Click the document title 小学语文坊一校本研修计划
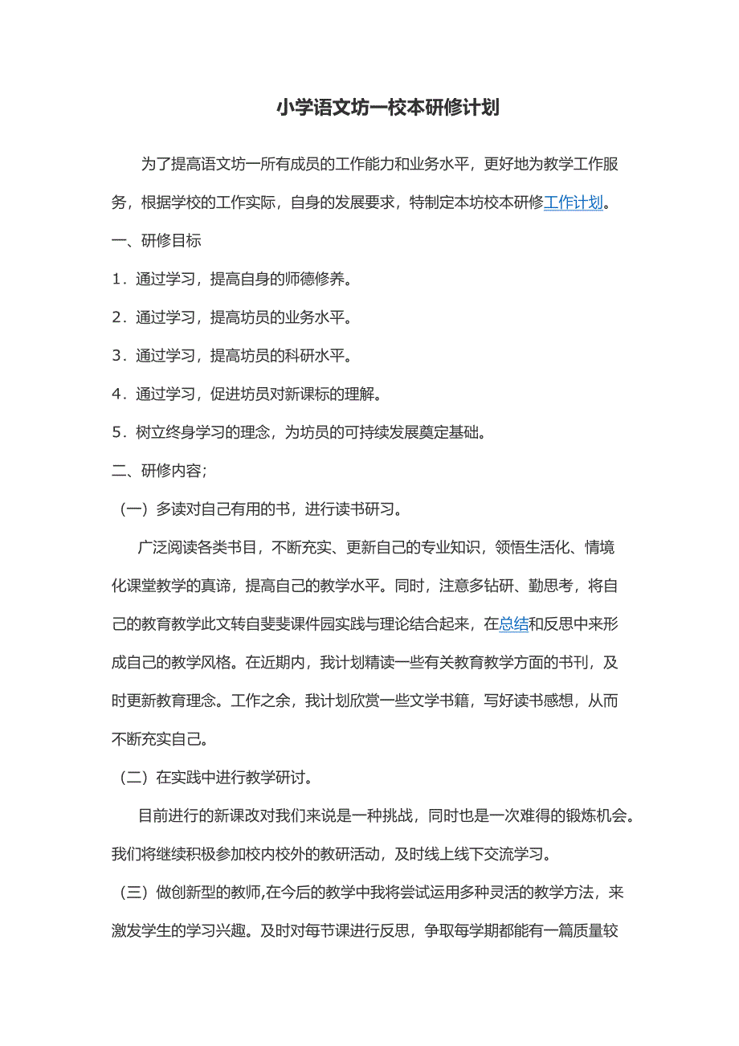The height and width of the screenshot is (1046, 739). point(388,108)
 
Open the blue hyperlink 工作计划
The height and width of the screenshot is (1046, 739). point(573,202)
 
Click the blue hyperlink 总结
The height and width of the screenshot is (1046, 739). point(514,623)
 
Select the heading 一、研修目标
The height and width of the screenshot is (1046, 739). point(156,240)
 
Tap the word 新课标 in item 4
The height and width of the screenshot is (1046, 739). point(303,394)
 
